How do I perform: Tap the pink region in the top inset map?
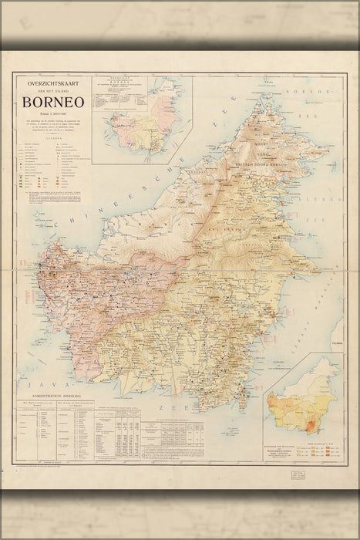click(x=164, y=113)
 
